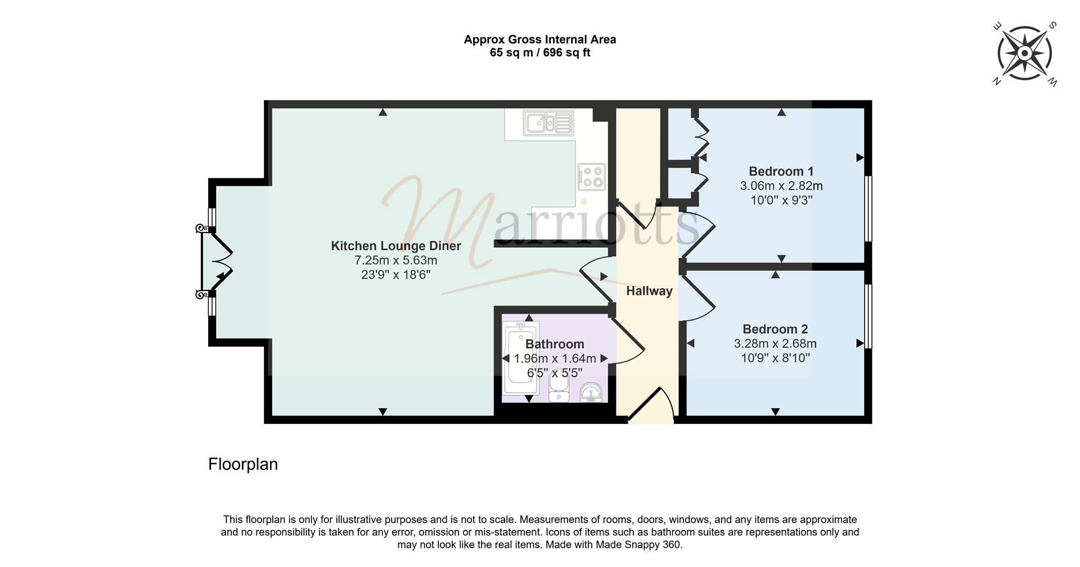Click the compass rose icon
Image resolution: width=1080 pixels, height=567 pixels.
(1025, 53)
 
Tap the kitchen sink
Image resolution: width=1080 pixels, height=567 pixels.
(548, 123)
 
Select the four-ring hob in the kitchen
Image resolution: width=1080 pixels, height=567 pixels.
(592, 176)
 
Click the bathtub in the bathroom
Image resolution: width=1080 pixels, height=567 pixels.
(522, 358)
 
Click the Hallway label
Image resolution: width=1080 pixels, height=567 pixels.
(649, 291)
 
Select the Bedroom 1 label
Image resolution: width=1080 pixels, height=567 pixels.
(781, 171)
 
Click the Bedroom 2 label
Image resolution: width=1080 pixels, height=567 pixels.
(775, 329)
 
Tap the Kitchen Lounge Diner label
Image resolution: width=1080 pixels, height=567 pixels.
(396, 246)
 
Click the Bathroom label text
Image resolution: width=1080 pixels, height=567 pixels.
(555, 344)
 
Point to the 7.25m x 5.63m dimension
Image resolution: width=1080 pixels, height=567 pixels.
(396, 261)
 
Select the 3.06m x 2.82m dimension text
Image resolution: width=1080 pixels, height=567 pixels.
(781, 186)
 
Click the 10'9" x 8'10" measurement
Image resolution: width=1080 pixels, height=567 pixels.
(776, 358)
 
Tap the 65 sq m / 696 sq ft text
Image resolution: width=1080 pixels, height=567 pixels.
(540, 53)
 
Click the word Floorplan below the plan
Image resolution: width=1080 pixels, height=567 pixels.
(243, 465)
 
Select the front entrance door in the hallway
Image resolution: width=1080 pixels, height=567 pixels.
(651, 405)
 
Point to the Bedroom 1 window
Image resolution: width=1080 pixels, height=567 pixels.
(868, 209)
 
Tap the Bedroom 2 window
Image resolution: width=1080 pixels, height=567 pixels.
(868, 316)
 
